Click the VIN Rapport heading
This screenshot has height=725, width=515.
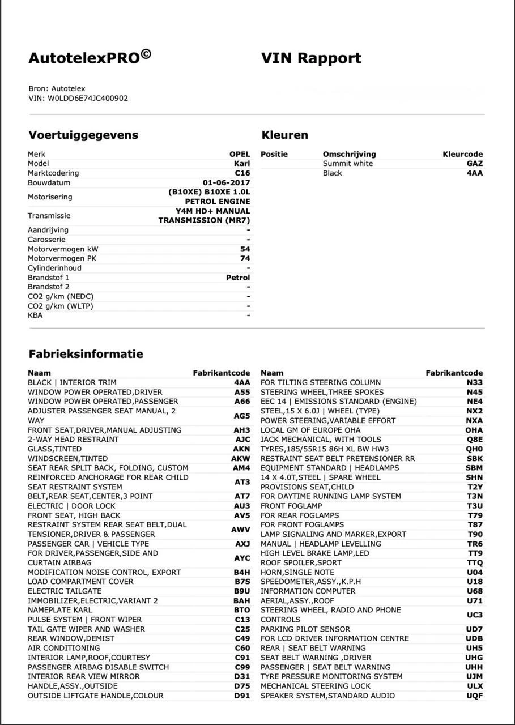[311, 58]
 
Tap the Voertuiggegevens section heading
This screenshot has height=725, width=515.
[83, 135]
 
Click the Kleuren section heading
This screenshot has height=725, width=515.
[284, 135]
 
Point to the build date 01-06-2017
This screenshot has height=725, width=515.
[226, 183]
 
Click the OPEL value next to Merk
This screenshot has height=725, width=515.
[239, 154]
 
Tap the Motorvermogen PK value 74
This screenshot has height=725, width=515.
[245, 258]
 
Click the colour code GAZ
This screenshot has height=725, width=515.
[474, 164]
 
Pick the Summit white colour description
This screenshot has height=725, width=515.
[348, 164]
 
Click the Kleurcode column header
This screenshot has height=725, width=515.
[462, 154]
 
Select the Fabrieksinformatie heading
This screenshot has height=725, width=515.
[86, 354]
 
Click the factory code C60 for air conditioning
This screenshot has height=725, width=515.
[242, 648]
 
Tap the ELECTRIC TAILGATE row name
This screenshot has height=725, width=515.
[65, 591]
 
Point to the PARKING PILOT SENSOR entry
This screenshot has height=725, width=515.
[305, 629]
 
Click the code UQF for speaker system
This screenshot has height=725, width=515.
[474, 696]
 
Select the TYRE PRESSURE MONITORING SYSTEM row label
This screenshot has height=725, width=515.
[331, 676]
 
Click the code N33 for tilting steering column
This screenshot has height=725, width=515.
[475, 382]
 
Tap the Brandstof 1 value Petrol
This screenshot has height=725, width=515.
[237, 278]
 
